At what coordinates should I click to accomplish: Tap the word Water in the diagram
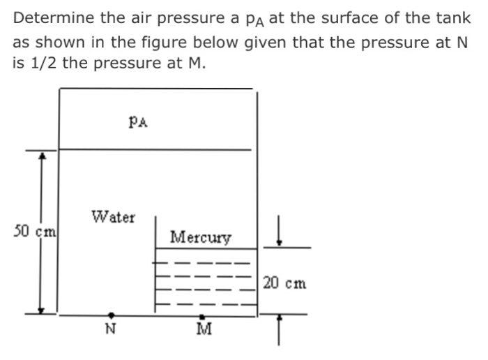[114, 217]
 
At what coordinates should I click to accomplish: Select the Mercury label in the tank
[201, 237]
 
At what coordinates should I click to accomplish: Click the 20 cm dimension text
[285, 284]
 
